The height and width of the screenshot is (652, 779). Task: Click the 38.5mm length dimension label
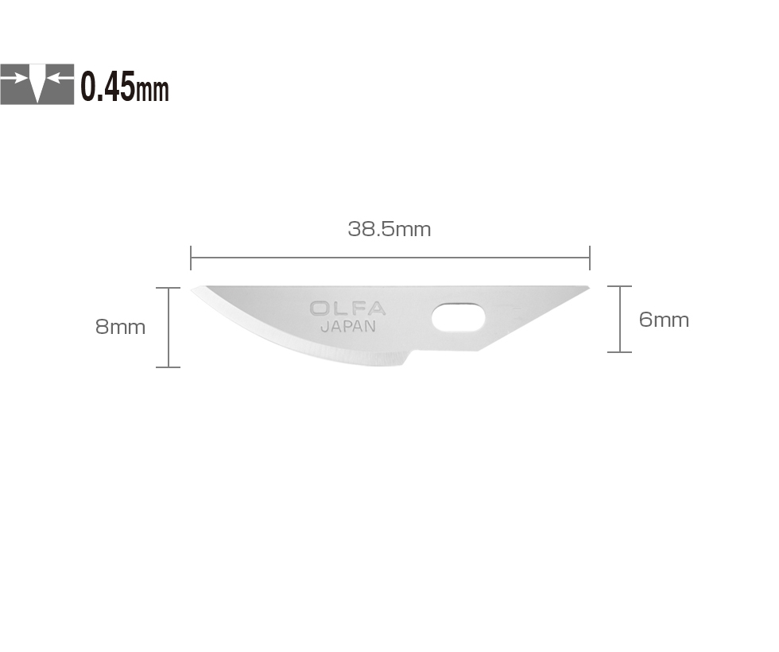tap(389, 229)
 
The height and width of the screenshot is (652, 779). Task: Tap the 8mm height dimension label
tap(120, 327)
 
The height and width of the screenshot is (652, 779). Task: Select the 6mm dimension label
tap(664, 320)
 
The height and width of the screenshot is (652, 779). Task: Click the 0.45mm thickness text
tap(125, 87)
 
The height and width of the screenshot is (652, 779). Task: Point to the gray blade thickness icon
tap(37, 84)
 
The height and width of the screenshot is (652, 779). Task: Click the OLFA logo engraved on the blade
tap(348, 309)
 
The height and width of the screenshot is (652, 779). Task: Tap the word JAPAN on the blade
tap(348, 327)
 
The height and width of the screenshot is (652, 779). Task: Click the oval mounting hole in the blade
tap(458, 317)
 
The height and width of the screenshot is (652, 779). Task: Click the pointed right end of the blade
tap(588, 288)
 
